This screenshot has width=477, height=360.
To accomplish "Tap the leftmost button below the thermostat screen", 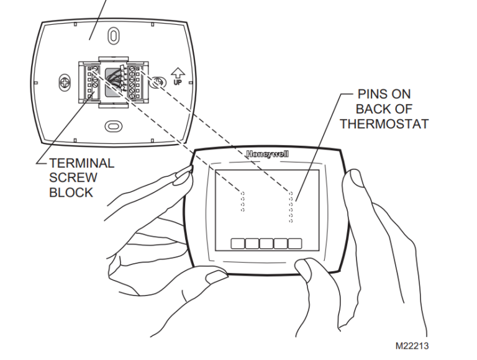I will (237, 243).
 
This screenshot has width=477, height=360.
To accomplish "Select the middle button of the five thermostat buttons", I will (266, 243).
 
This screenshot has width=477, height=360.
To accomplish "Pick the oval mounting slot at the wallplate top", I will (113, 35).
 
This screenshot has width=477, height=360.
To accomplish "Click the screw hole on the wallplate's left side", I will (64, 81).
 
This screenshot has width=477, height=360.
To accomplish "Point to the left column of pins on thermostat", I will (242, 201).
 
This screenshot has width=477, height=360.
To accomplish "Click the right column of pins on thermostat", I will (290, 207).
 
